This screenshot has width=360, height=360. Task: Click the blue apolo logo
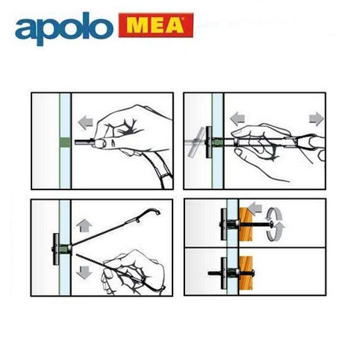(64, 29)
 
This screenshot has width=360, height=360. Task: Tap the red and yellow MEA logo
(156, 25)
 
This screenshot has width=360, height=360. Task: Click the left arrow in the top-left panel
(85, 123)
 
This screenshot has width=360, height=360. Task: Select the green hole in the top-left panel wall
(65, 142)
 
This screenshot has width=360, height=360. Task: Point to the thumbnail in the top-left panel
(100, 143)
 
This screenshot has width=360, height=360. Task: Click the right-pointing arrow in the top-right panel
(316, 119)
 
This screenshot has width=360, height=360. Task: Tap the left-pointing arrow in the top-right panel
(237, 119)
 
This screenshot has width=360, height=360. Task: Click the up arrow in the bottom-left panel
(84, 225)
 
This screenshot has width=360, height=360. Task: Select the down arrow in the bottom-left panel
(84, 272)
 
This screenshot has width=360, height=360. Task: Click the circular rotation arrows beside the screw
(275, 224)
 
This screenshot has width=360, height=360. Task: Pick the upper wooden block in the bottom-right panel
(246, 224)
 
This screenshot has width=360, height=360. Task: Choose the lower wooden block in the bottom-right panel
(246, 273)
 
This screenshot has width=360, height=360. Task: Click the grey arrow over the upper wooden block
(255, 208)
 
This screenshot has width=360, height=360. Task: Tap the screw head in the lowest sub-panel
(253, 273)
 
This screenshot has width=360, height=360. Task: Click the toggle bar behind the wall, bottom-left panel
(56, 249)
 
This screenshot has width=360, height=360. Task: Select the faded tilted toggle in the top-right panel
(196, 142)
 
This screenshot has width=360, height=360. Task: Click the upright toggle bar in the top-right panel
(208, 142)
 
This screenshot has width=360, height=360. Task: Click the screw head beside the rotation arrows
(272, 224)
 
